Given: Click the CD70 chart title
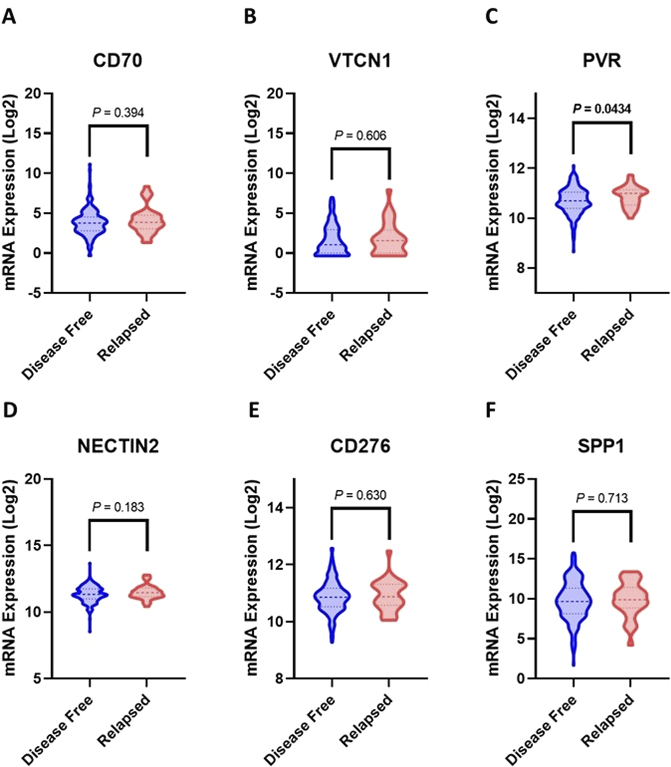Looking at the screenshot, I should pyautogui.click(x=118, y=61).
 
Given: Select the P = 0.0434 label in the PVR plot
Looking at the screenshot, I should pyautogui.click(x=602, y=109).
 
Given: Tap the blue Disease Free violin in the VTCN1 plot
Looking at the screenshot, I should pyautogui.click(x=332, y=233).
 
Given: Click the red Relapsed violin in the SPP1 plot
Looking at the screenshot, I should pyautogui.click(x=631, y=604).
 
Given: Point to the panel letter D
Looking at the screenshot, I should pyautogui.click(x=10, y=410).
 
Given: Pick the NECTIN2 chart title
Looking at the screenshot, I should pyautogui.click(x=118, y=446).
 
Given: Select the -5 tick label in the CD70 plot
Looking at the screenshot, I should pyautogui.click(x=35, y=293).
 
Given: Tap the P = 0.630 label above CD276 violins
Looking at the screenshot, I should pyautogui.click(x=360, y=495).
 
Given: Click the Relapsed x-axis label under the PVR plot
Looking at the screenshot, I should pyautogui.click(x=607, y=335).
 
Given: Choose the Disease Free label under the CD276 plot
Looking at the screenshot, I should pyautogui.click(x=299, y=731).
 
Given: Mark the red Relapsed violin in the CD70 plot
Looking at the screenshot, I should pyautogui.click(x=147, y=220).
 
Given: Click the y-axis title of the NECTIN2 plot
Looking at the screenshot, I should pyautogui.click(x=10, y=578).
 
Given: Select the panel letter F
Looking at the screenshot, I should pyautogui.click(x=490, y=410).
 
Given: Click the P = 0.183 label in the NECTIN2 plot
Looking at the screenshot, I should pyautogui.click(x=118, y=507).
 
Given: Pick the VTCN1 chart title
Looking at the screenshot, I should pyautogui.click(x=360, y=61).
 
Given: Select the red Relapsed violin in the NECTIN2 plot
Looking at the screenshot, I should pyautogui.click(x=147, y=593).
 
